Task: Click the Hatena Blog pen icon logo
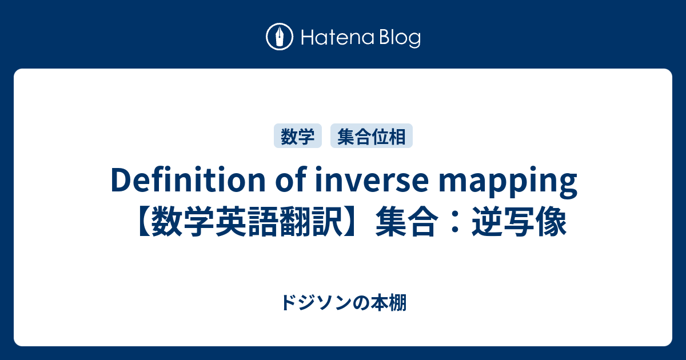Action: (280, 37)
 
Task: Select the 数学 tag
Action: (298, 137)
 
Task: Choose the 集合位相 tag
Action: (372, 137)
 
